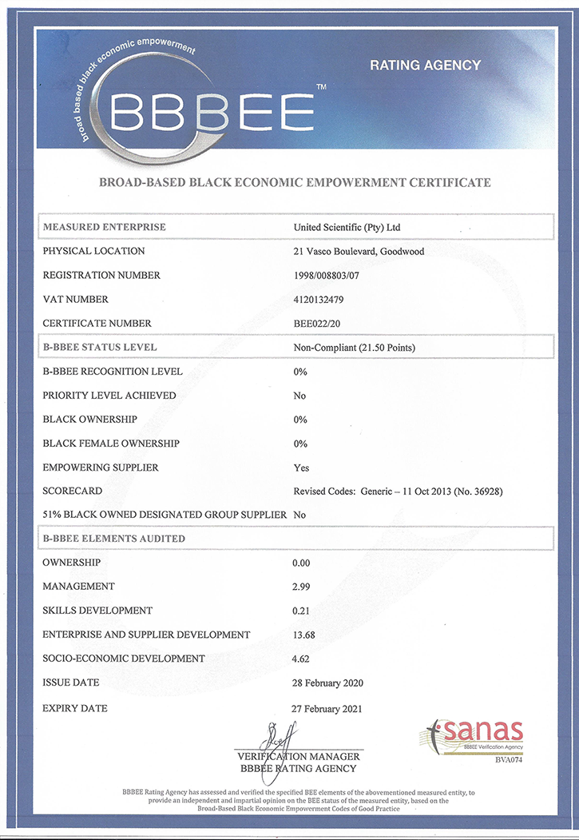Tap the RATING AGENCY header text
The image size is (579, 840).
click(x=425, y=66)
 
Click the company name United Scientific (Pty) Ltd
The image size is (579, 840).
click(x=347, y=228)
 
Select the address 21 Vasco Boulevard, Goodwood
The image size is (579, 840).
click(x=359, y=252)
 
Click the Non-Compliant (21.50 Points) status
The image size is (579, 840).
click(x=354, y=348)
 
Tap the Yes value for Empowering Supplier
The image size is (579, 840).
click(x=301, y=468)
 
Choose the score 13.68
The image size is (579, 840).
click(x=306, y=635)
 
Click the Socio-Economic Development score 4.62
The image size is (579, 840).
click(x=303, y=659)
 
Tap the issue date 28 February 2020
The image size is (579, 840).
click(x=328, y=683)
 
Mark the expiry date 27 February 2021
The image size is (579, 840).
click(x=328, y=709)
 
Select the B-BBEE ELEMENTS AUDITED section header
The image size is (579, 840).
click(x=113, y=539)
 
